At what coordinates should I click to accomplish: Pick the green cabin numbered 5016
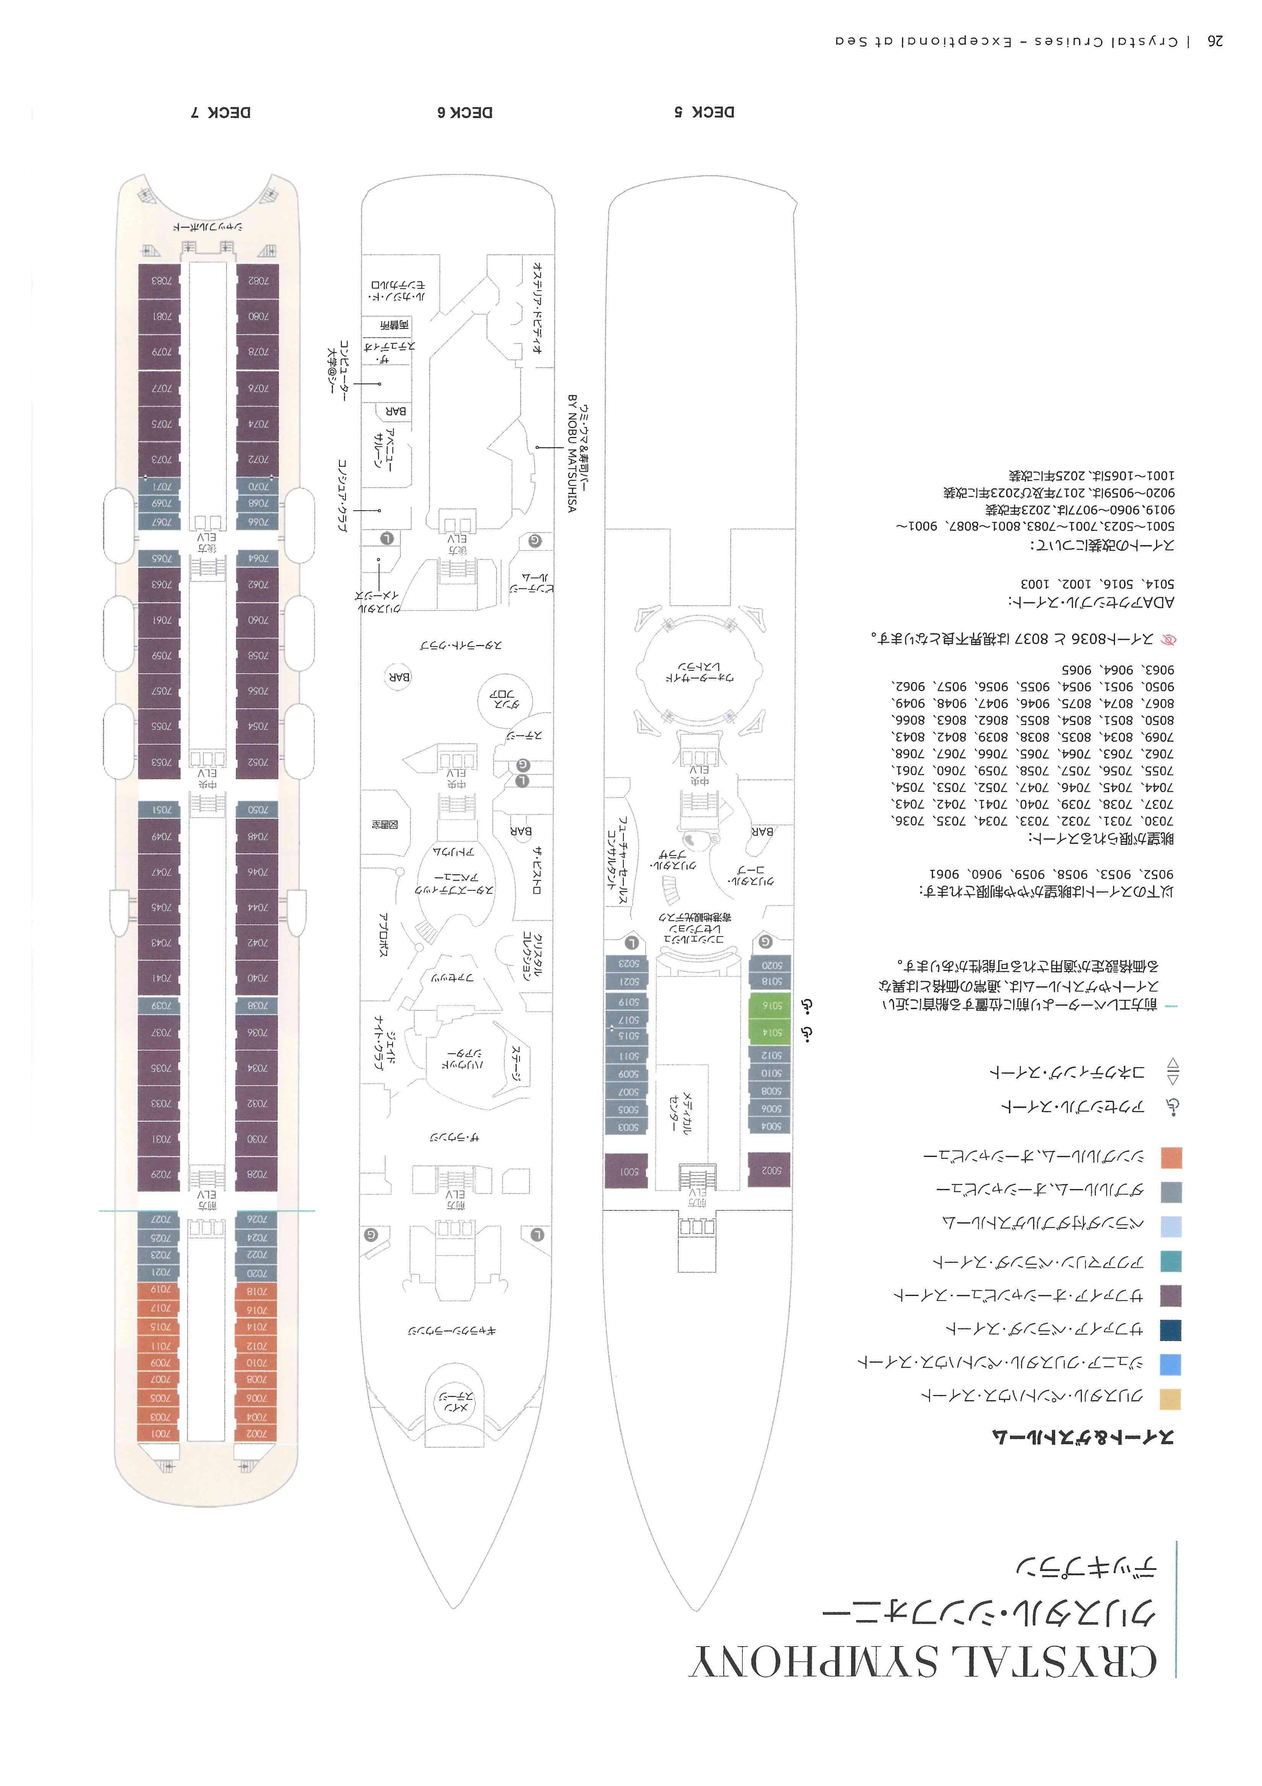[770, 1006]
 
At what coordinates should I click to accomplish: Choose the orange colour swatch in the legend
[1170, 1157]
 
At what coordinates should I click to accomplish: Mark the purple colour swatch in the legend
[1170, 1296]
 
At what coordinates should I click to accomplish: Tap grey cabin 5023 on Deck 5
[627, 963]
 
